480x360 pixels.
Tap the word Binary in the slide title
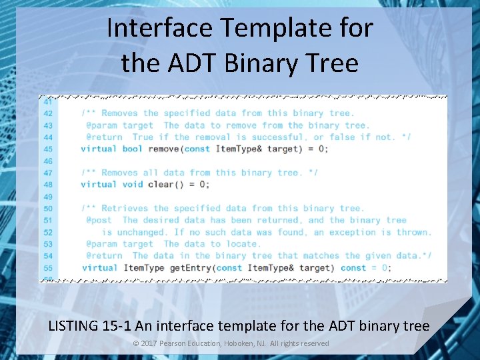259,63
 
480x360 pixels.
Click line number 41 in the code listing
48,102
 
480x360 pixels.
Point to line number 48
48,185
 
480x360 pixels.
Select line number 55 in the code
48,268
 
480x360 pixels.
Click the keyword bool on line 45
132,149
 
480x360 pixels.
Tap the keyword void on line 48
132,185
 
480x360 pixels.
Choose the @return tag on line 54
104,255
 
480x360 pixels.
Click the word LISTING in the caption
74,326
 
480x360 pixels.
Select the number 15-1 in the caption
117,326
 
